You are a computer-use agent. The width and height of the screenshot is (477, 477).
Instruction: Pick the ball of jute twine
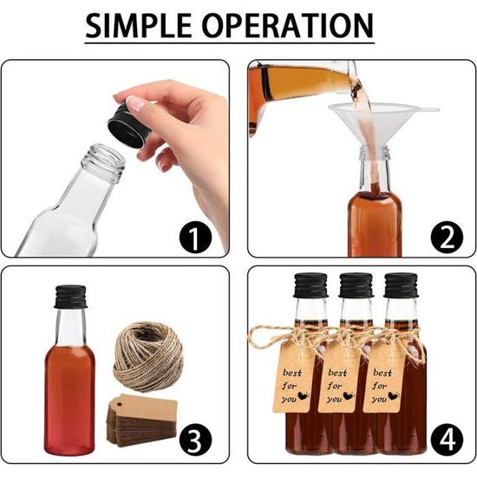(x=147, y=356)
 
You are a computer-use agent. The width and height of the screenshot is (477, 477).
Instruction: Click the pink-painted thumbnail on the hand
(x=137, y=103)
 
